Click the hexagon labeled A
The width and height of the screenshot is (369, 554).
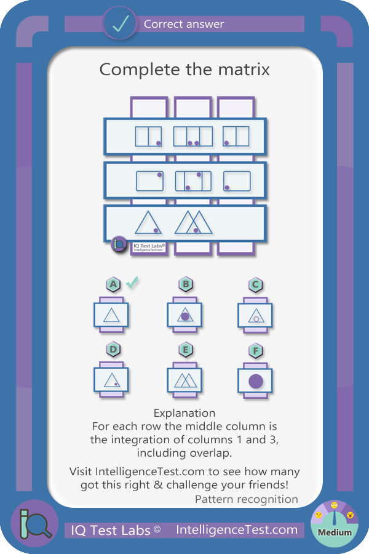pyautogui.click(x=113, y=284)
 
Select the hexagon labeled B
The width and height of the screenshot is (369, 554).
pyautogui.click(x=186, y=284)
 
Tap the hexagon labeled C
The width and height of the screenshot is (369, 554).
pyautogui.click(x=256, y=285)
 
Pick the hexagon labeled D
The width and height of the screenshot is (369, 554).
pyautogui.click(x=113, y=350)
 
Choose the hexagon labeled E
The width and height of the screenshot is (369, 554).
pyautogui.click(x=186, y=350)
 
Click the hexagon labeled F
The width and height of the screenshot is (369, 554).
pyautogui.click(x=256, y=351)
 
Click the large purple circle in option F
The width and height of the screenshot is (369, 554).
pyautogui.click(x=256, y=382)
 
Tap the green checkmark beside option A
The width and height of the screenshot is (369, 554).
pyautogui.click(x=132, y=283)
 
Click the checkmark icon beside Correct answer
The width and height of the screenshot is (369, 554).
pyautogui.click(x=120, y=23)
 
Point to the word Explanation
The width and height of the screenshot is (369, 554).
pyautogui.click(x=184, y=413)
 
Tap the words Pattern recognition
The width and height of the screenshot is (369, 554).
pyautogui.click(x=247, y=499)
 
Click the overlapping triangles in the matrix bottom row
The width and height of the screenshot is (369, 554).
pyautogui.click(x=194, y=223)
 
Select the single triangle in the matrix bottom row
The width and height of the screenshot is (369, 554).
pyautogui.click(x=148, y=223)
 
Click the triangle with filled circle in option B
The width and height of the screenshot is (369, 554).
pyautogui.click(x=185, y=315)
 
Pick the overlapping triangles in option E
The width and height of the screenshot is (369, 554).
pyautogui.click(x=185, y=380)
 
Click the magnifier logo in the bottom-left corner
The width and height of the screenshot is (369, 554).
pyautogui.click(x=34, y=524)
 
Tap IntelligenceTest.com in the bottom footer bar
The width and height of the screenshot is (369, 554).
pyautogui.click(x=237, y=529)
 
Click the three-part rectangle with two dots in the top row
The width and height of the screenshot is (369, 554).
pyautogui.click(x=193, y=137)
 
